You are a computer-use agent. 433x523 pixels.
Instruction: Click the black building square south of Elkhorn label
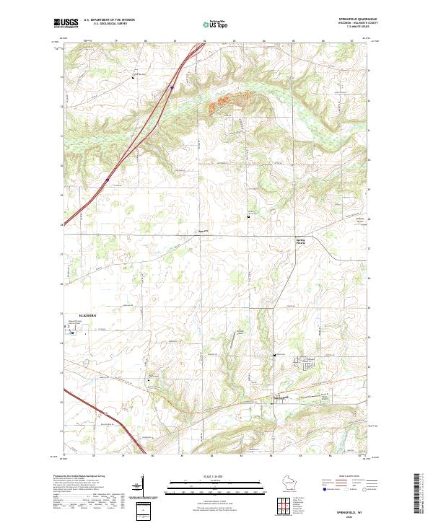tap(71, 332)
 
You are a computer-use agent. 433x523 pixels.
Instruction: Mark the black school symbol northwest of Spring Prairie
tap(249, 216)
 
